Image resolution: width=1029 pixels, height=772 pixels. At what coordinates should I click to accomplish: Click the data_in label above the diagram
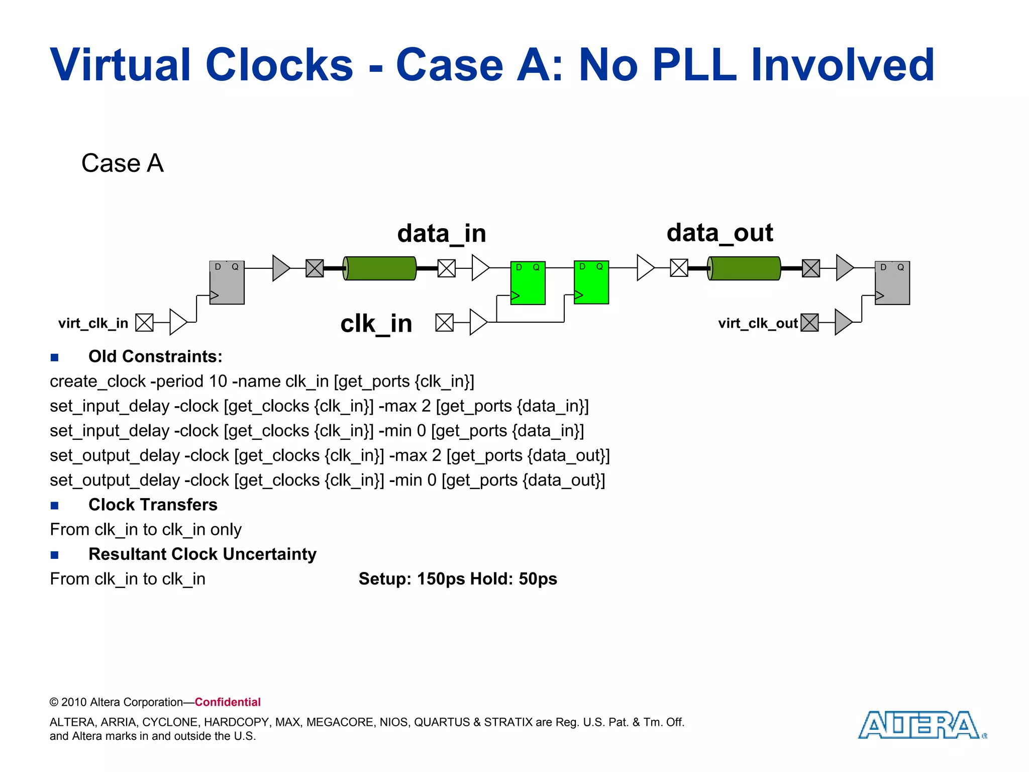point(442,234)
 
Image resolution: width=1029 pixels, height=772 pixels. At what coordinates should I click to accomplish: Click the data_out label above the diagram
point(719,233)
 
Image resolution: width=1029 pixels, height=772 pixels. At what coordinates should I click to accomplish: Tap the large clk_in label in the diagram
point(376,323)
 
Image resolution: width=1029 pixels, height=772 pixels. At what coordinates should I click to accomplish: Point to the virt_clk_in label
point(93,323)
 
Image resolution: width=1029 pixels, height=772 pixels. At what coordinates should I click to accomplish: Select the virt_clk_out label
point(758,323)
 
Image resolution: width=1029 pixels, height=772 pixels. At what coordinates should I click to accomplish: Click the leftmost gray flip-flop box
point(227,282)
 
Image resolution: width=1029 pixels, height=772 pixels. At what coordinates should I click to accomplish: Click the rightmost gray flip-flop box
point(892,282)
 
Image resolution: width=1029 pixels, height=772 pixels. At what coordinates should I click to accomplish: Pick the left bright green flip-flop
point(528,283)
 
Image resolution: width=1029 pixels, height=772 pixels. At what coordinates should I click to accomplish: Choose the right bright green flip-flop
point(591,282)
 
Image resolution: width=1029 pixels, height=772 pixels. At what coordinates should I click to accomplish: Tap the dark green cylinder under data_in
point(380,268)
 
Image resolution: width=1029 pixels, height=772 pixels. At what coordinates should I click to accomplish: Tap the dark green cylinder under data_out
point(744,268)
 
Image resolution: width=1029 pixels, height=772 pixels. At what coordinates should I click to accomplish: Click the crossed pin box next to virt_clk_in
point(144,323)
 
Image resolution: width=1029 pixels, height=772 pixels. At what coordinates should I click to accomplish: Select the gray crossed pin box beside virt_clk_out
point(809,323)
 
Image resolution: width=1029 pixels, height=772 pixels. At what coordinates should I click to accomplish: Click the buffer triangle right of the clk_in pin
point(478,322)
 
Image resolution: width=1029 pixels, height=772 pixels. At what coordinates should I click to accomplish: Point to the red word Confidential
point(228,702)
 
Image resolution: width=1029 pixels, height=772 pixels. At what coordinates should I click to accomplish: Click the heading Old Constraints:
point(155,356)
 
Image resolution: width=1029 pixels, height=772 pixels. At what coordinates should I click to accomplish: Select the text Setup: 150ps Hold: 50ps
point(458,579)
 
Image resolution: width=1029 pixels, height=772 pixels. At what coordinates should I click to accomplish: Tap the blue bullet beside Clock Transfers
point(55,506)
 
